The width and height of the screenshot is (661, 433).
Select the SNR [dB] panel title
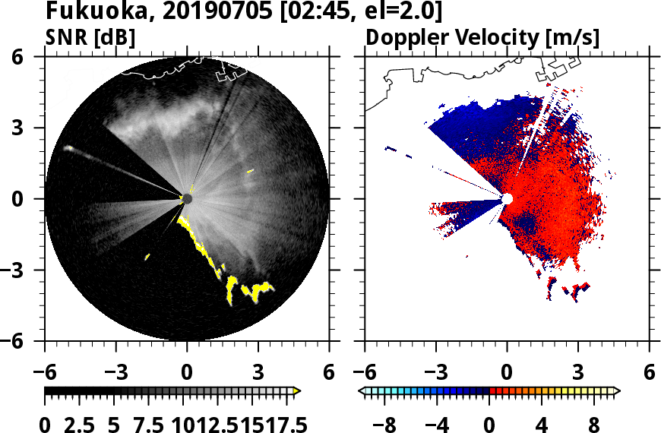pyautogui.click(x=90, y=36)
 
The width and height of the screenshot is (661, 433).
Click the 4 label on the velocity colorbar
pyautogui.click(x=542, y=424)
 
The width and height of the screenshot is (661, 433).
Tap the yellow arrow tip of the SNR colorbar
pyautogui.click(x=297, y=391)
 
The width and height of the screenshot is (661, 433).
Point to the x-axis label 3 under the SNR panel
pyautogui.click(x=258, y=374)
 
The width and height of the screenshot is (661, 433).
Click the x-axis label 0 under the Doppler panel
pyautogui.click(x=508, y=374)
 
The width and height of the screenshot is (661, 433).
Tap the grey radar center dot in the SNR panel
pyautogui.click(x=188, y=198)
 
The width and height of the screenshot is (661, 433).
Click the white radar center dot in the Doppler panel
pyautogui.click(x=507, y=198)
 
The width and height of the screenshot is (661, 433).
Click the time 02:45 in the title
pyautogui.click(x=315, y=12)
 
